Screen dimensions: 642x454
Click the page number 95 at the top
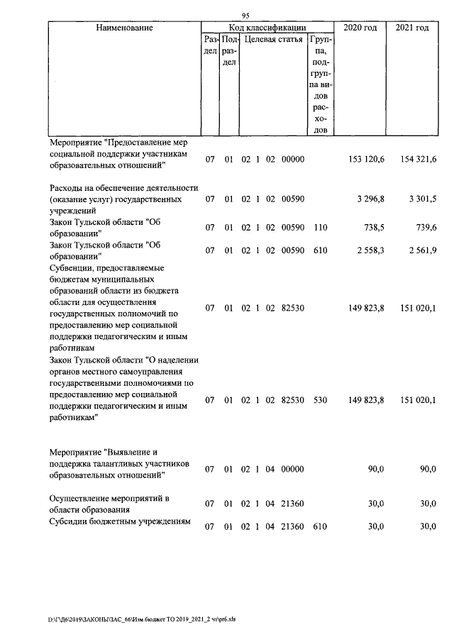pos(246,16)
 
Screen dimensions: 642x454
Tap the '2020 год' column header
pos(360,28)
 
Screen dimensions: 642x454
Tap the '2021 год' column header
pos(412,28)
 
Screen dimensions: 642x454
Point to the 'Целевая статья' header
pos(273,40)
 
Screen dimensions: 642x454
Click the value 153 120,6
pos(367,160)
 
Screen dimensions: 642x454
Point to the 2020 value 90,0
pos(375,469)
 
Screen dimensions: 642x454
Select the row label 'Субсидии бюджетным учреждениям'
pos(120,522)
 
